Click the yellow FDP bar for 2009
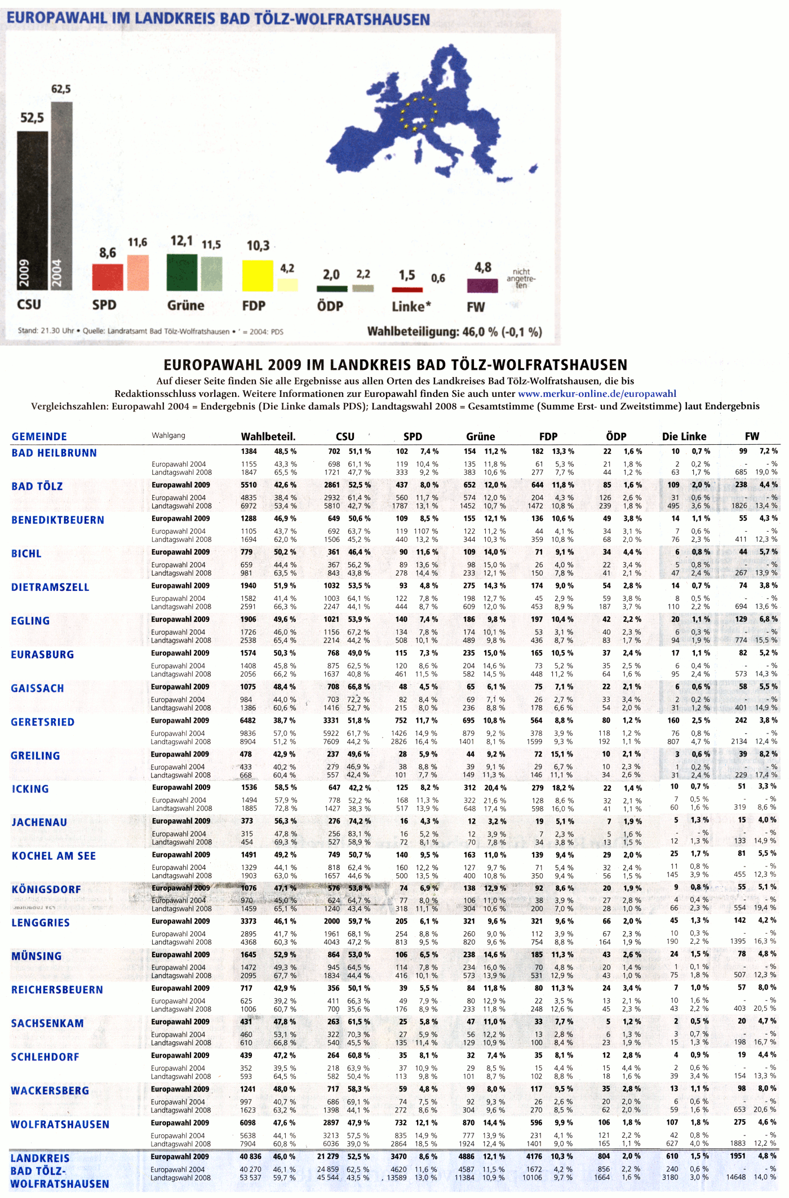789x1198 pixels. pyautogui.click(x=258, y=276)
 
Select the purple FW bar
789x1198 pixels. pyautogui.click(x=482, y=286)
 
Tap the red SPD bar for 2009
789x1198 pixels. pyautogui.click(x=108, y=277)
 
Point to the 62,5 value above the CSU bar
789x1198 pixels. pyautogui.click(x=61, y=89)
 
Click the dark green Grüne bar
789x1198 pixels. pyautogui.click(x=182, y=272)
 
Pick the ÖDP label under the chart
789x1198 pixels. pyautogui.click(x=330, y=306)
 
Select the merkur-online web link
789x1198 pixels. pyautogui.click(x=597, y=394)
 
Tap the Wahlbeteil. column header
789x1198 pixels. pyautogui.click(x=268, y=436)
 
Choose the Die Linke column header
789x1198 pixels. pyautogui.click(x=684, y=436)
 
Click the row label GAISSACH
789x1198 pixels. pyautogui.click(x=37, y=688)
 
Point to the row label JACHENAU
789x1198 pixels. pyautogui.click(x=39, y=823)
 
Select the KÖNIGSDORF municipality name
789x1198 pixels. pyautogui.click(x=46, y=890)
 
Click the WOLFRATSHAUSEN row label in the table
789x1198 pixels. pyautogui.click(x=60, y=1125)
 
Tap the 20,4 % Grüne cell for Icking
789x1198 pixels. pyautogui.click(x=495, y=788)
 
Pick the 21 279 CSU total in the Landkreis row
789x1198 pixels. pyautogui.click(x=328, y=1156)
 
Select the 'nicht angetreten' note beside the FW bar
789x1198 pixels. pyautogui.click(x=521, y=278)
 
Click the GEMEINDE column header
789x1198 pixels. pyautogui.click(x=39, y=436)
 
